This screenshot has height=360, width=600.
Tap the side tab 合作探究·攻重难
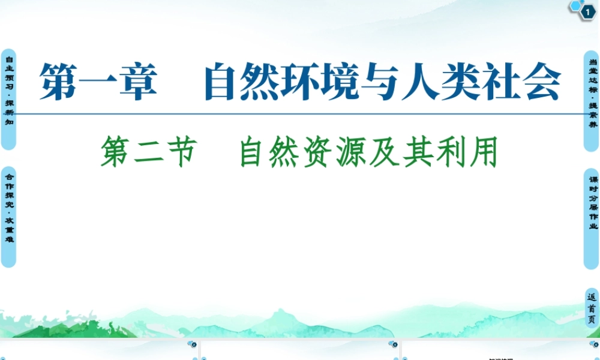[x=8, y=216]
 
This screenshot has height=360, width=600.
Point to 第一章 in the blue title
[x=98, y=83]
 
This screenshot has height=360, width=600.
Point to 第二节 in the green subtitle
[x=148, y=152]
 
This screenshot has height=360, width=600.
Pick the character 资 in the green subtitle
[x=317, y=152]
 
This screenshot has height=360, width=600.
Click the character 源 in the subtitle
[x=353, y=152]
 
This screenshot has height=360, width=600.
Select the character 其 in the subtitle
[x=425, y=152]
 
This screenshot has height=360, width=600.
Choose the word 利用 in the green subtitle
[x=479, y=152]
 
